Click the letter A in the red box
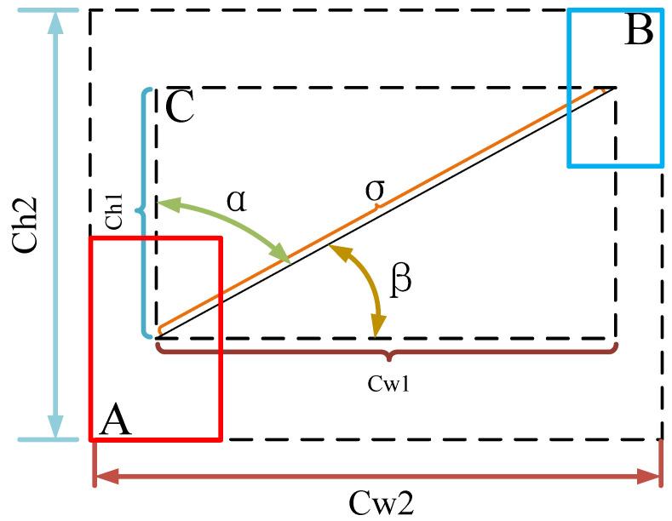click(x=117, y=421)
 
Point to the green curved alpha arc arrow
click(x=230, y=223)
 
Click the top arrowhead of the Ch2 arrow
click(x=56, y=20)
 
